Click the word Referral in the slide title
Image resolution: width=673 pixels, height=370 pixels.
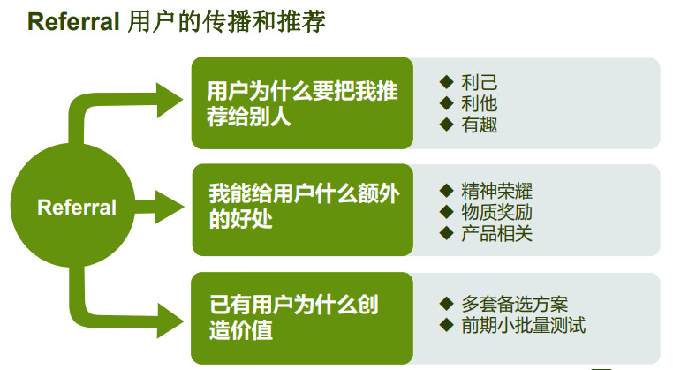(x=73, y=21)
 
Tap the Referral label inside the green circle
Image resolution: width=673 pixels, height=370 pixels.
(x=77, y=208)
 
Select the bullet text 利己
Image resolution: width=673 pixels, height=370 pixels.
(x=479, y=82)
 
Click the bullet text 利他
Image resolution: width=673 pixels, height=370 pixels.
(x=479, y=103)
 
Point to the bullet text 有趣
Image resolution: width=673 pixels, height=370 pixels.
(x=479, y=125)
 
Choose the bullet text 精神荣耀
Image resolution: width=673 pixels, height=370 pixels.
(x=496, y=191)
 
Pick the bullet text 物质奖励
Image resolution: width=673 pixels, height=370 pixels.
(x=496, y=212)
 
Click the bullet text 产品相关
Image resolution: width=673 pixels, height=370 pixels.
(x=496, y=233)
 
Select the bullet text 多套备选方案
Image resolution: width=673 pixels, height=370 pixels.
(x=515, y=304)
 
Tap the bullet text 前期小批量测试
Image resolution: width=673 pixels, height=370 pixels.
(x=523, y=325)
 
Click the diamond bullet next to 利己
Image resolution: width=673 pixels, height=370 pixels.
(x=446, y=81)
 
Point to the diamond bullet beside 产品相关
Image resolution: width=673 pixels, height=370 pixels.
(x=446, y=233)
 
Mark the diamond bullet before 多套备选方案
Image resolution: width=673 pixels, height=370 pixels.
(x=446, y=304)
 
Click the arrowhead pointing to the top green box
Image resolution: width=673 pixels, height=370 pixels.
(x=170, y=101)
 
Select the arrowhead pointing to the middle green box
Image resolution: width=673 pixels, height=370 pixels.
(x=170, y=208)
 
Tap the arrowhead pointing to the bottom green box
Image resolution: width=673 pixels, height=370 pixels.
(x=170, y=321)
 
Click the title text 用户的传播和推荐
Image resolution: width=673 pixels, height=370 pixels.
(x=227, y=21)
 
